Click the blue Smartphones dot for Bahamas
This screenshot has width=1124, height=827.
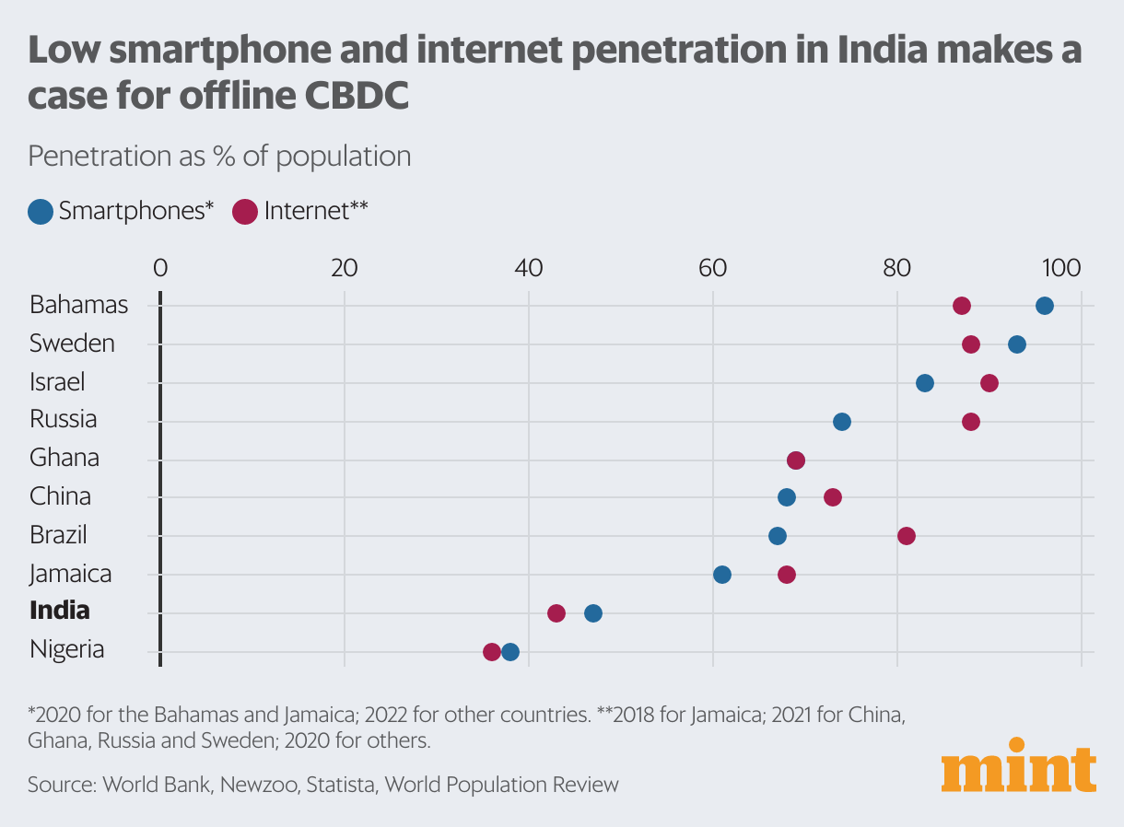(1044, 306)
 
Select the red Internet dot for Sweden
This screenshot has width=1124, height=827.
(970, 344)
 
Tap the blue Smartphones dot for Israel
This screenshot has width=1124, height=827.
(925, 383)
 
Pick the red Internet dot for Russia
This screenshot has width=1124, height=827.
(970, 422)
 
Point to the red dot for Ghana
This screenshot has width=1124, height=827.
(796, 460)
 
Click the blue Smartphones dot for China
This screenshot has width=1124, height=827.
(787, 497)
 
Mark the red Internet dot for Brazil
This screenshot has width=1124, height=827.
(907, 536)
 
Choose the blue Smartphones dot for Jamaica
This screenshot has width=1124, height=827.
(722, 575)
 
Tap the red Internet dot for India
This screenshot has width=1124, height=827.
(556, 613)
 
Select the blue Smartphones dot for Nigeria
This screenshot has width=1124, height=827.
(510, 652)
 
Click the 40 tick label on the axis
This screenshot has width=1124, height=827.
(529, 269)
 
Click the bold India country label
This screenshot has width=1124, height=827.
(60, 611)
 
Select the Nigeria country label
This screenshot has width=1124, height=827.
(66, 649)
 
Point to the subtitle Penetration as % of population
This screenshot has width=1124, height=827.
(219, 156)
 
